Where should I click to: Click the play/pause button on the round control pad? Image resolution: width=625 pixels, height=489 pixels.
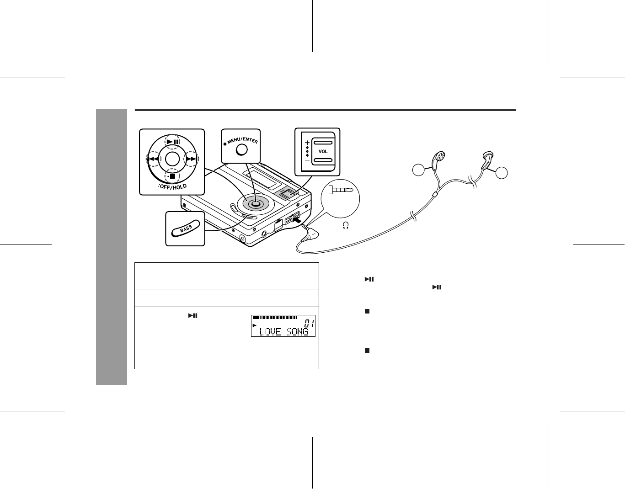click(x=172, y=141)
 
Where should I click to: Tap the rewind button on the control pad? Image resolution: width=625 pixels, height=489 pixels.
click(x=154, y=159)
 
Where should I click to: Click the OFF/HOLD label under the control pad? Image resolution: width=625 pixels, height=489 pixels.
click(x=172, y=186)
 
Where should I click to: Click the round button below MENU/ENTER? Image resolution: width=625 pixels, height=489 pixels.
click(x=242, y=150)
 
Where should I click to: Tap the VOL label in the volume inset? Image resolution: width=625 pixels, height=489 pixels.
click(x=323, y=151)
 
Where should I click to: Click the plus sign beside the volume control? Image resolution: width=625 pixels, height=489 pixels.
click(x=307, y=142)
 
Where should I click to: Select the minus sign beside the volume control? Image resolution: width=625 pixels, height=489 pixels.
click(x=307, y=160)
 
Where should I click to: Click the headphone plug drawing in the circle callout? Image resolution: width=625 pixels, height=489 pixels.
click(x=343, y=189)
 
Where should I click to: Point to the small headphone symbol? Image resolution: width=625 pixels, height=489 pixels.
click(x=346, y=225)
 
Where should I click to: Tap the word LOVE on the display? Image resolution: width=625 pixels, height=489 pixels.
click(x=270, y=332)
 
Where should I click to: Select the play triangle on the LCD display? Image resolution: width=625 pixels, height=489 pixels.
click(x=255, y=325)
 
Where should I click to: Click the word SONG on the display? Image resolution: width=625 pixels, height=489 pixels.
click(x=298, y=332)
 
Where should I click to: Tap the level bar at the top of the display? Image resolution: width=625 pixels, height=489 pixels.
click(x=274, y=318)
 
